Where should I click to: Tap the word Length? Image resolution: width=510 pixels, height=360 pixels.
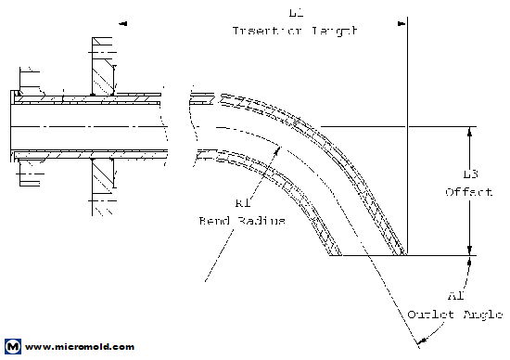[332, 31]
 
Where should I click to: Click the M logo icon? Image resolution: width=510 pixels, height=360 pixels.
[12, 347]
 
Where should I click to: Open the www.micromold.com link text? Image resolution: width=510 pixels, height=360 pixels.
[80, 347]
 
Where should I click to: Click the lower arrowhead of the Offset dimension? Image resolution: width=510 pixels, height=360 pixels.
[470, 248]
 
